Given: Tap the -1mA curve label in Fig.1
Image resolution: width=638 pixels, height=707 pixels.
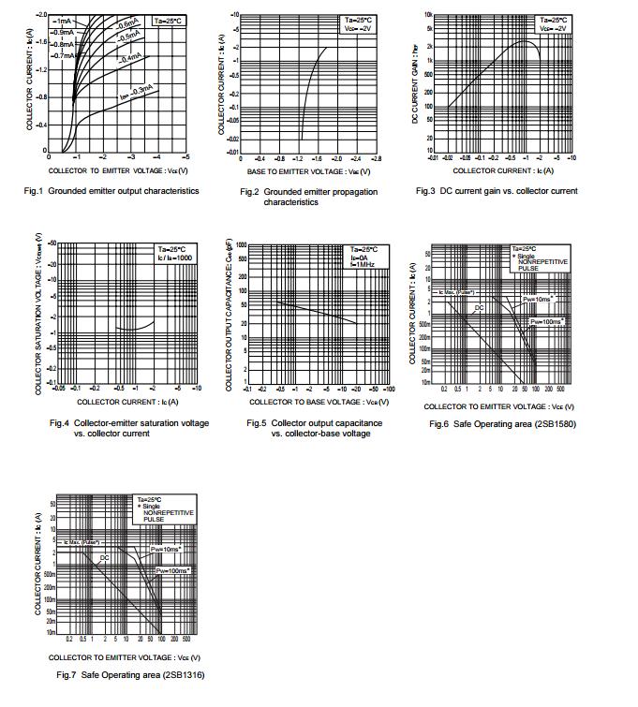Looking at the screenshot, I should point(65,21).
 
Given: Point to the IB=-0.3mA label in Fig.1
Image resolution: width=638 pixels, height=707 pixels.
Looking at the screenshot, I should point(136,92).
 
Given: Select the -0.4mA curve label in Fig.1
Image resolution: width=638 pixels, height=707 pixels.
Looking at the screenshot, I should point(130,58).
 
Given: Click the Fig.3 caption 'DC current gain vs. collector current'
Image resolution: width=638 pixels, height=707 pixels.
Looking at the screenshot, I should point(497,191).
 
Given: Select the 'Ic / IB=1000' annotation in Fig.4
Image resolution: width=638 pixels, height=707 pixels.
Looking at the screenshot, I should point(175,256).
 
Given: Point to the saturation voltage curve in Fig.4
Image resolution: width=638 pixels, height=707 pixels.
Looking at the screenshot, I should point(136,327).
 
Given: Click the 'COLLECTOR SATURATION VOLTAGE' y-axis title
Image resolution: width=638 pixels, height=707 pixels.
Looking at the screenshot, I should point(39,314).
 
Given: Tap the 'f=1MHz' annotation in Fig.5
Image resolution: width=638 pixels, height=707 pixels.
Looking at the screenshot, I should point(362,264).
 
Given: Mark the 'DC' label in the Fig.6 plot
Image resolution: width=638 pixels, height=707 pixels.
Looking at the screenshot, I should point(479,307).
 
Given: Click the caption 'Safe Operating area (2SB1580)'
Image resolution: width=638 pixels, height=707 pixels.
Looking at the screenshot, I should point(500,424).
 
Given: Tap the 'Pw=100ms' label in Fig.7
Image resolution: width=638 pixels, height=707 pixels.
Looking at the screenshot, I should point(171,569).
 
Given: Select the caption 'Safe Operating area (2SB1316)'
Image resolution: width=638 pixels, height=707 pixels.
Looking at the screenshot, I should point(130,675).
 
